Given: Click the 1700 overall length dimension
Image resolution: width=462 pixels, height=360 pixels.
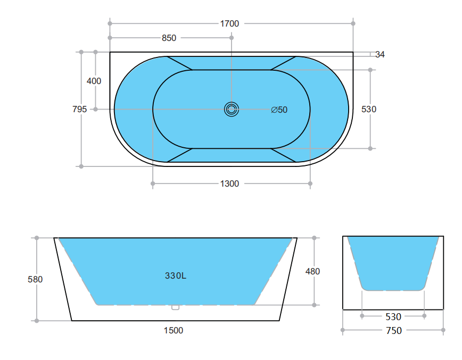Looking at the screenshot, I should point(229,23).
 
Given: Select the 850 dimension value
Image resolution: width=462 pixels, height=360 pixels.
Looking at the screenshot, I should point(169,38).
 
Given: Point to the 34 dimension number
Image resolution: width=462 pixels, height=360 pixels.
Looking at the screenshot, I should point(380,54).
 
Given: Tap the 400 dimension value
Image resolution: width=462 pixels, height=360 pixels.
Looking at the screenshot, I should point(94,81).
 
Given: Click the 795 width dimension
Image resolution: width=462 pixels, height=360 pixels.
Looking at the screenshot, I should point(79,110).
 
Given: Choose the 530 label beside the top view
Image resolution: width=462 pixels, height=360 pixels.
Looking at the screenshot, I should point(369,110).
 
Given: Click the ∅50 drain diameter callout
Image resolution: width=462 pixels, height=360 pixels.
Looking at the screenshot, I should point(279,110).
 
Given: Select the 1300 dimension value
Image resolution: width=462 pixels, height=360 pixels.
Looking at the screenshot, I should point(229,184).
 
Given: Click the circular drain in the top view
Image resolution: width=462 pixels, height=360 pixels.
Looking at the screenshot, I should point(231,110).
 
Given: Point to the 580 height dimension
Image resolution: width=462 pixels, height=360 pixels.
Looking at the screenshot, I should point(35,279).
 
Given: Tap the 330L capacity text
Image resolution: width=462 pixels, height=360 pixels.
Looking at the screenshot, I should point(175,276).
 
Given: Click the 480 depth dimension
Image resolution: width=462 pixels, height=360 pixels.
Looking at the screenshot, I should point(312,271).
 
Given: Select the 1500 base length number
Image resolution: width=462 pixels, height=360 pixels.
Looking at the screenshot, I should point(173,330).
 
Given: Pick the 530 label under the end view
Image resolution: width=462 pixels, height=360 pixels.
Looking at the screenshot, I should point(393,316).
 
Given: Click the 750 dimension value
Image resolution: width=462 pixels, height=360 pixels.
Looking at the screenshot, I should point(393,331).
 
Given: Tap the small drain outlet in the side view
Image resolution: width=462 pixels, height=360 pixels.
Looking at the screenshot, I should point(175,307).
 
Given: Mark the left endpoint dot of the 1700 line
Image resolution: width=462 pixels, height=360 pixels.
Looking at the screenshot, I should point(110,23).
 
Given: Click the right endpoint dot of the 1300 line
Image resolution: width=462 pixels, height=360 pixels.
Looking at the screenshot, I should point(310,184).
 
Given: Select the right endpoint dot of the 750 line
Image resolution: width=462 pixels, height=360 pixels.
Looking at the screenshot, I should point(443,330).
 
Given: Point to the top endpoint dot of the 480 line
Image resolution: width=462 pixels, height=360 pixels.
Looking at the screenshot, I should point(314,238).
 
